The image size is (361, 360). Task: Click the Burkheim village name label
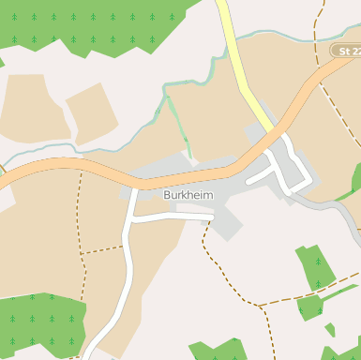tap(188, 195)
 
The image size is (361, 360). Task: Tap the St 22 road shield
tap(347, 51)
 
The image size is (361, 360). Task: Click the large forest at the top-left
tap(103, 23)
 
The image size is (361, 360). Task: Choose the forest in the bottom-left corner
tap(38, 323)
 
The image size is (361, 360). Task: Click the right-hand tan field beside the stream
tap(92, 112)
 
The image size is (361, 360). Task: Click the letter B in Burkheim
tap(166, 195)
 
